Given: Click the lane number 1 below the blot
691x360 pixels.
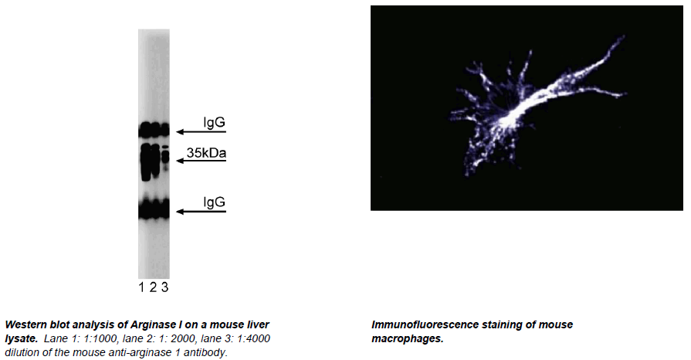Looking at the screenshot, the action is [x=141, y=287].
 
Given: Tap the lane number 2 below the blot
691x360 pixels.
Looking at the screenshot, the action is [x=153, y=287].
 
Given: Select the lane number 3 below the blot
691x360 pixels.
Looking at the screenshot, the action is [x=164, y=287].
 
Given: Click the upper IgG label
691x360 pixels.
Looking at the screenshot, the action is [x=214, y=122].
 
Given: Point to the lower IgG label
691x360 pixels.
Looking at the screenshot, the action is [x=214, y=202].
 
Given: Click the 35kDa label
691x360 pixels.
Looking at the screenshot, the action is [x=206, y=153].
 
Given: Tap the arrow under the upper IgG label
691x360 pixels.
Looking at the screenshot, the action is [x=201, y=131].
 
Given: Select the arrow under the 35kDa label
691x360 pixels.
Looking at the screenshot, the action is [x=201, y=161].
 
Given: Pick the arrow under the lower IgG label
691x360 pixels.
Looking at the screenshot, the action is [x=201, y=212].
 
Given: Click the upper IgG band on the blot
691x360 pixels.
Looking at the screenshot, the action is [x=154, y=130].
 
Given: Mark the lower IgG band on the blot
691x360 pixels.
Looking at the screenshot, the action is [x=154, y=209].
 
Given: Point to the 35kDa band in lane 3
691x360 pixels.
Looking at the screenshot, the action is [x=165, y=156].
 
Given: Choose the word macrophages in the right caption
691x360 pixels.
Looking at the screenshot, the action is [x=406, y=339].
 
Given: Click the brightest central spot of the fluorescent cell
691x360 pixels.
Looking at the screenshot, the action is [x=511, y=116].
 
